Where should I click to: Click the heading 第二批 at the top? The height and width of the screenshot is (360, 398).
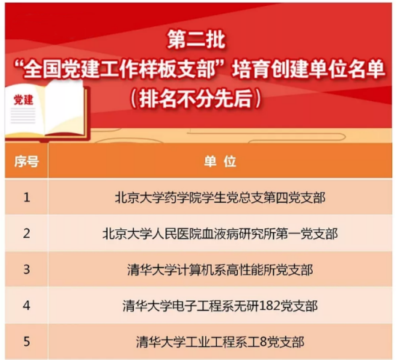tap(196, 40)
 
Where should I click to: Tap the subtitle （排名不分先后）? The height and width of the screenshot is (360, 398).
tap(196, 98)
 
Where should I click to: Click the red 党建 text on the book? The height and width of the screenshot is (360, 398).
tap(23, 100)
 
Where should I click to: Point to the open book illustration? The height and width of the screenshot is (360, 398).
tap(47, 111)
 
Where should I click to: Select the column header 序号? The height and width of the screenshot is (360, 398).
tap(26, 161)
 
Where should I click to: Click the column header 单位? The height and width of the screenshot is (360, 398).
tap(220, 161)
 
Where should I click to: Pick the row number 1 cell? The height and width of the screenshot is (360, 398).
tap(27, 197)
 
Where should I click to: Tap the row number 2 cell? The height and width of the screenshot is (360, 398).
tap(27, 233)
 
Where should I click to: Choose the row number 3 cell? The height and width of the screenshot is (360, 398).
tap(27, 269)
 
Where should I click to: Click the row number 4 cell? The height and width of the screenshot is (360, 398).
tap(27, 305)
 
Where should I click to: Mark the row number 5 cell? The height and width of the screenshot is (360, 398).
tap(27, 342)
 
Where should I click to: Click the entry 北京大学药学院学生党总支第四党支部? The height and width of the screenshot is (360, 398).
tap(220, 197)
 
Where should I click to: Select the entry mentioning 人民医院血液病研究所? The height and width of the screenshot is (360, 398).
tap(220, 233)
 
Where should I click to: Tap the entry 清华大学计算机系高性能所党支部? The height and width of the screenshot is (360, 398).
tap(220, 270)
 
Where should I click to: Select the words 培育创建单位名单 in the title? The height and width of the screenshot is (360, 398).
tap(309, 70)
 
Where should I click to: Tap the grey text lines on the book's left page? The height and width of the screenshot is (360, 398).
tap(23, 116)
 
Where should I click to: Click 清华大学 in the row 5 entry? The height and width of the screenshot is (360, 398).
tap(161, 342)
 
